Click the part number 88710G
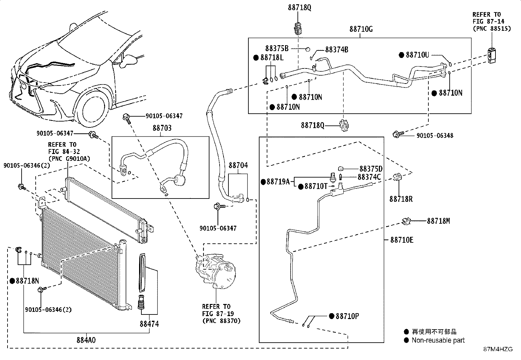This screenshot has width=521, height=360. coord(361,29)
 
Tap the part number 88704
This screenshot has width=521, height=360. coord(238,165)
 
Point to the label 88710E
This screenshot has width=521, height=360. coord(402,240)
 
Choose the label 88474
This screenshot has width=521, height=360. coord(149,324)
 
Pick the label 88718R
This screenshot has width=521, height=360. coord(401,199)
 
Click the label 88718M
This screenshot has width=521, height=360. coord(438,221)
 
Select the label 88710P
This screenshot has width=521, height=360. coord(348,316)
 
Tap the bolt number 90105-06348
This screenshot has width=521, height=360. coord(435,136)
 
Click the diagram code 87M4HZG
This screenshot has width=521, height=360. coord(498,349)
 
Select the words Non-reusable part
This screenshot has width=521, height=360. coord(438,340)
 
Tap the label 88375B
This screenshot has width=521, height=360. coord(277,49)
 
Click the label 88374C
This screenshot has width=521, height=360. coord(369,177)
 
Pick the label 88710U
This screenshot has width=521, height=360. coord(417,55)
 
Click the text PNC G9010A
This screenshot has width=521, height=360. coord(69,159)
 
